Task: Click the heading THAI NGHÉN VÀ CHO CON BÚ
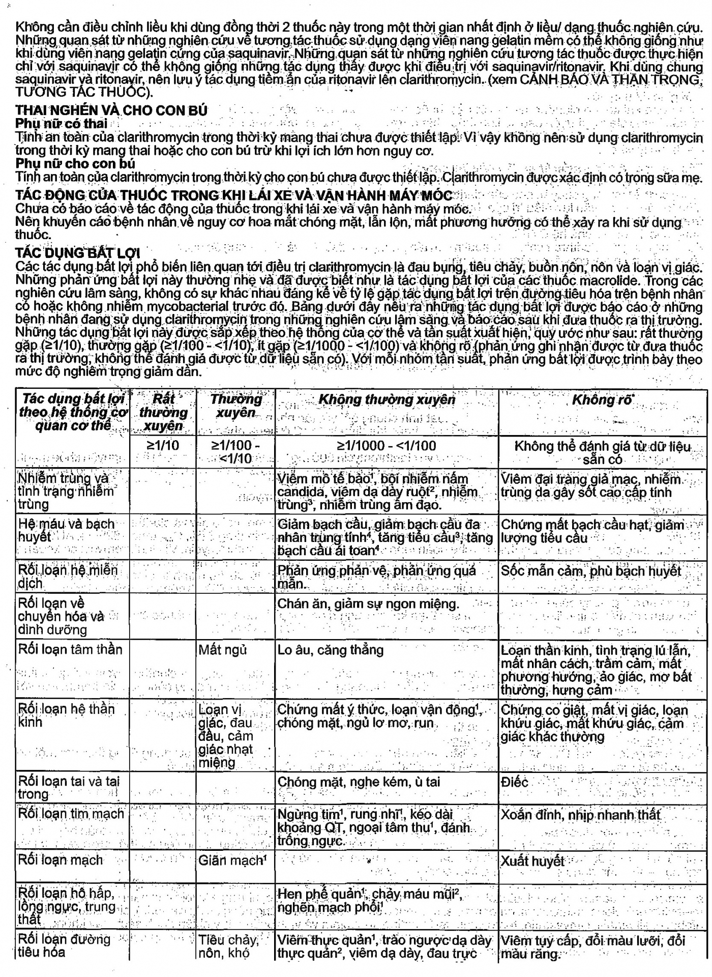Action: pos(111,110)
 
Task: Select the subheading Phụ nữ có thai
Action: pos(62,124)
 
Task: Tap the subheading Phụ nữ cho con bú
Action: pos(75,164)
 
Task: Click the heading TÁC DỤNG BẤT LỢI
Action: pos(78,253)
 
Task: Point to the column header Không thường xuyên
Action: pos(387,400)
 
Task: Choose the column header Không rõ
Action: pos(602,400)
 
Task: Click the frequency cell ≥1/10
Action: pos(163,446)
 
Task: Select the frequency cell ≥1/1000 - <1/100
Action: pos(387,446)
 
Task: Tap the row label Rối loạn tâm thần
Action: pos(70,650)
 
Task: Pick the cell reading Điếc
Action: pos(515,782)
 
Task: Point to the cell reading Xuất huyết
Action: pos(532,861)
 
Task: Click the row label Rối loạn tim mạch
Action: pos(71,814)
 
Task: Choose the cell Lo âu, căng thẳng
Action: pos(331,650)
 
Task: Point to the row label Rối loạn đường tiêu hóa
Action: pos(64,945)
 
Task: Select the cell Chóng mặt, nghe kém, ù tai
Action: pos(359,782)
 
